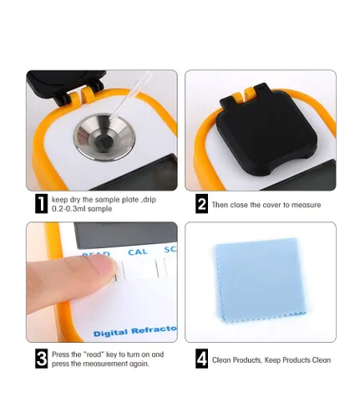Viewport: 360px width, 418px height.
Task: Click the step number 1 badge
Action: tap(41, 204)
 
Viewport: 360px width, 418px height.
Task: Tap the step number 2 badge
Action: tap(201, 204)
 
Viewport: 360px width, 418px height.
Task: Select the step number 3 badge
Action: tap(41, 359)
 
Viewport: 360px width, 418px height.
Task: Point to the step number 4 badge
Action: tap(201, 359)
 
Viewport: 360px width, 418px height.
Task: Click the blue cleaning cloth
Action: tap(261, 280)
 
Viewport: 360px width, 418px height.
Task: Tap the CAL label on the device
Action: tap(138, 252)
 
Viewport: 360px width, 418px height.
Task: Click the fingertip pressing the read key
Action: tap(104, 266)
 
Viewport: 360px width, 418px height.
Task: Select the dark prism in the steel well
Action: tap(104, 141)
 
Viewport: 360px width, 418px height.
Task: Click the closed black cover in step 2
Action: tap(266, 129)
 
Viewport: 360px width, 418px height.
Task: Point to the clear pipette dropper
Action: tap(130, 95)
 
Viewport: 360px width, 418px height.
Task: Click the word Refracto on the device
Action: tap(154, 330)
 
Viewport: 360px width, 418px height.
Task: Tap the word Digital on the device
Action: tap(110, 333)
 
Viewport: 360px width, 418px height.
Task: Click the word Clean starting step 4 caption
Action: tap(222, 359)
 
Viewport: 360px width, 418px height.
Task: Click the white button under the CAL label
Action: tap(139, 269)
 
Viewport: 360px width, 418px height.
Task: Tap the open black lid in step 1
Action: tap(66, 85)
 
